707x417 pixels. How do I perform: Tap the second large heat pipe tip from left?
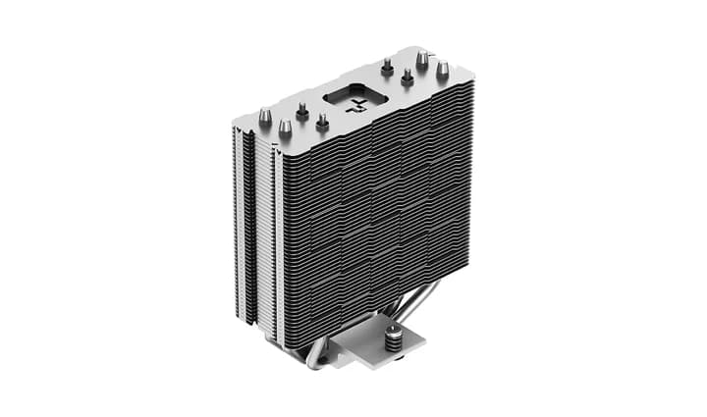(285, 129)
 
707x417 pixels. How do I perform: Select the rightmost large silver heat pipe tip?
(443, 69)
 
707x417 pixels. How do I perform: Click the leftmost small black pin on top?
(302, 113)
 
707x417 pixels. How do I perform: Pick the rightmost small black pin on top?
(408, 77)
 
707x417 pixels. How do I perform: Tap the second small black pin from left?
(322, 123)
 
